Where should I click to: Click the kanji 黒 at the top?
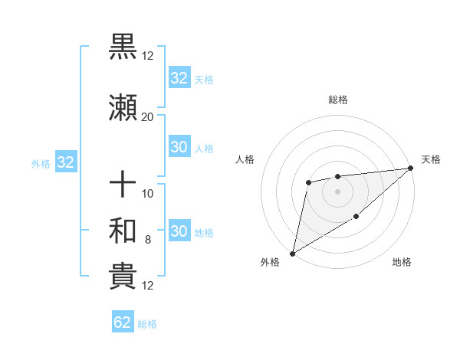pyautogui.click(x=123, y=47)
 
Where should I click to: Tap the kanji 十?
pyautogui.click(x=123, y=185)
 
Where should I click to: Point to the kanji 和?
pyautogui.click(x=123, y=231)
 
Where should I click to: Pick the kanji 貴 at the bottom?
pyautogui.click(x=123, y=277)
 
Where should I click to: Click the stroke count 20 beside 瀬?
pyautogui.click(x=147, y=116)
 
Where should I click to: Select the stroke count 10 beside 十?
pyautogui.click(x=148, y=193)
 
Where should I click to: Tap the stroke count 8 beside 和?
pyautogui.click(x=148, y=240)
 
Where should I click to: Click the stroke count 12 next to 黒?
pyautogui.click(x=148, y=55)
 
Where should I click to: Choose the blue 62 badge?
pyautogui.click(x=123, y=322)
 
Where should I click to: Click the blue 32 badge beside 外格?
pyautogui.click(x=65, y=162)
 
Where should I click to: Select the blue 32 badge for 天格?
pyautogui.click(x=179, y=78)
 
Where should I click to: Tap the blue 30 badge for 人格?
pyautogui.click(x=179, y=148)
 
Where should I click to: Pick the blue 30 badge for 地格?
pyautogui.click(x=179, y=232)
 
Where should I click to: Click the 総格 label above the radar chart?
pyautogui.click(x=337, y=100)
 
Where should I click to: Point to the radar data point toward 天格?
pyautogui.click(x=411, y=169)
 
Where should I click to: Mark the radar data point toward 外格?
pyautogui.click(x=292, y=253)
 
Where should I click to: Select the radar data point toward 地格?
pyautogui.click(x=356, y=218)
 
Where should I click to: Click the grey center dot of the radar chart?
pyautogui.click(x=337, y=191)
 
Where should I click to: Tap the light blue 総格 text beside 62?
pyautogui.click(x=148, y=324)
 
